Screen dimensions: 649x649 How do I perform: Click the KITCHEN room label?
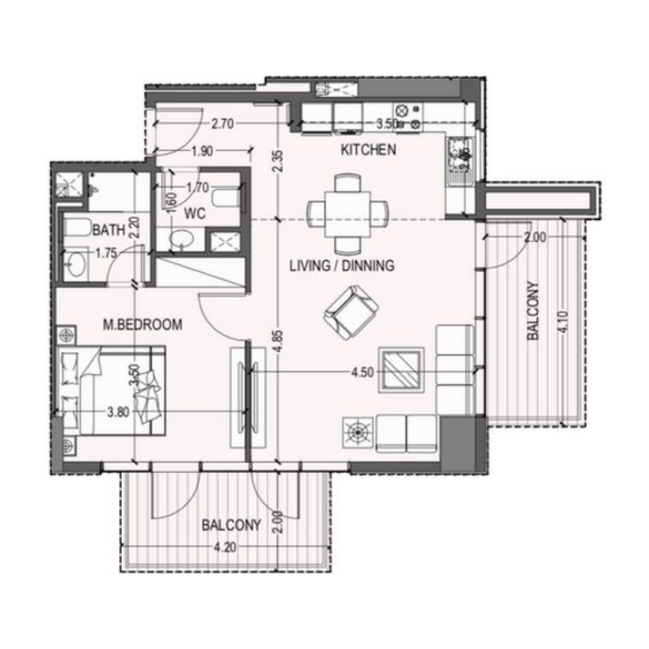[x=367, y=150]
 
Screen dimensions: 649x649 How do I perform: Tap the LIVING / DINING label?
[x=342, y=265]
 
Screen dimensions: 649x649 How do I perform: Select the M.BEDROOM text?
[x=142, y=324]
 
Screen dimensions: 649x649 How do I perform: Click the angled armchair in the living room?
[x=350, y=313]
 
